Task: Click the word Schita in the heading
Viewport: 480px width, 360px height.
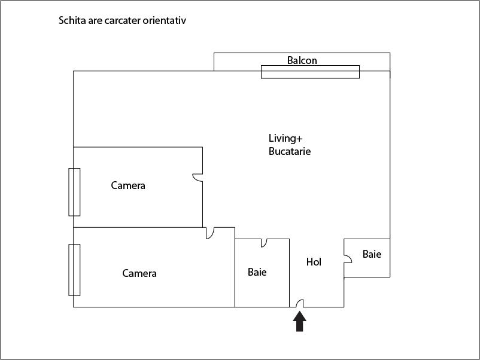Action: point(72,21)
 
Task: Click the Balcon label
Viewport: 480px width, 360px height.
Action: point(302,60)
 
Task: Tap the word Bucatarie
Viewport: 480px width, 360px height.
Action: point(290,151)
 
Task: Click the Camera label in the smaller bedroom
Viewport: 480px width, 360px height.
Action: point(128,185)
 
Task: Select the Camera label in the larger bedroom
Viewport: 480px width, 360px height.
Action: point(139,273)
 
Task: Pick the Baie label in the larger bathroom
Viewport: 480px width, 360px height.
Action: point(257,272)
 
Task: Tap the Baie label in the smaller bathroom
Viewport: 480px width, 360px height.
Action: point(372,254)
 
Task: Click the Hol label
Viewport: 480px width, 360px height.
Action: point(314,262)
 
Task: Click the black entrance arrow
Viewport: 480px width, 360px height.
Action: point(299,322)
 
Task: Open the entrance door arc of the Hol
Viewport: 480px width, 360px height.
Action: point(300,304)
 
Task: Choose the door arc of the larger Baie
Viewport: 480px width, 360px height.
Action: point(264,243)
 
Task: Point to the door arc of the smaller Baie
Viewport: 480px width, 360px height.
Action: point(348,258)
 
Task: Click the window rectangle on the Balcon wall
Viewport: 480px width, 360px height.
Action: point(310,72)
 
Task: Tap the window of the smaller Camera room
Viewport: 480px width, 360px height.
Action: point(74,192)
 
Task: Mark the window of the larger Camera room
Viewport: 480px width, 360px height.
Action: point(74,270)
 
